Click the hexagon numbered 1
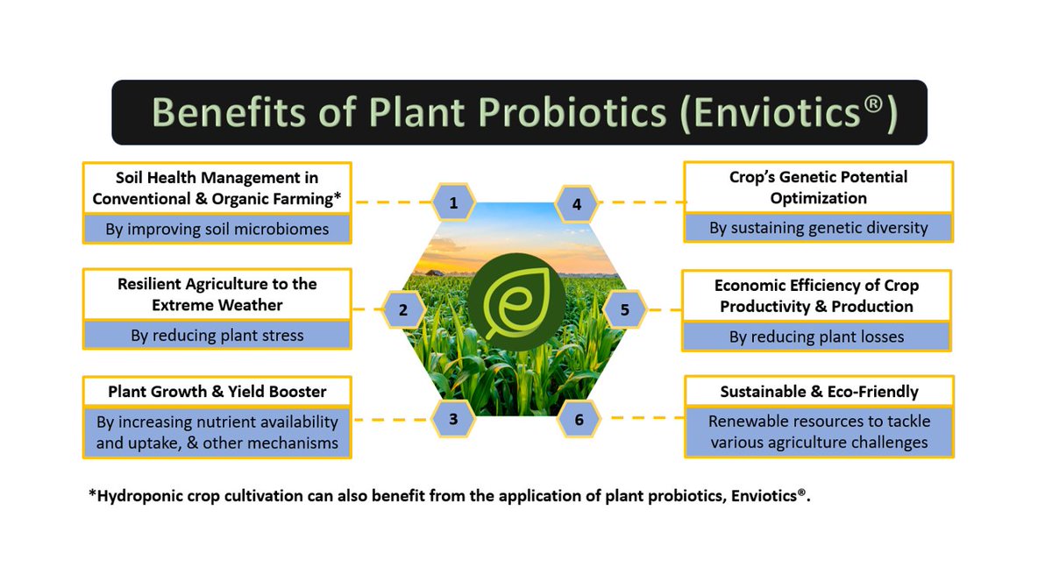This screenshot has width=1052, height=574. tap(453, 202)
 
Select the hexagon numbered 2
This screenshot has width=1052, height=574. tap(403, 309)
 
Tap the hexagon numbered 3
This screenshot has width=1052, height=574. tap(452, 419)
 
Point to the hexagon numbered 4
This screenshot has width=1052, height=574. tap(577, 204)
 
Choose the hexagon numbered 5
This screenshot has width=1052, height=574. tap(624, 309)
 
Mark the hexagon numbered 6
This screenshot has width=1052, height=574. tap(579, 419)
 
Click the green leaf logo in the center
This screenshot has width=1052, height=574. tap(516, 301)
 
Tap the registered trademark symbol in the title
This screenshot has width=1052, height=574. tap(873, 103)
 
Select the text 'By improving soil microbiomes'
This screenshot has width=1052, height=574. tap(217, 229)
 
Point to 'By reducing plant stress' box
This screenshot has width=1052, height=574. tap(217, 335)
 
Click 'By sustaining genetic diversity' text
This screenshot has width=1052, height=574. tap(819, 228)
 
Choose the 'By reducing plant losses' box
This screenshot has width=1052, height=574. tap(817, 337)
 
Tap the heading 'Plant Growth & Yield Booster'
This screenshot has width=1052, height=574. tap(217, 392)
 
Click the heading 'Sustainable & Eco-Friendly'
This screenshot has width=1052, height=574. tap(820, 392)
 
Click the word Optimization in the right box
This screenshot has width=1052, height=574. tap(819, 198)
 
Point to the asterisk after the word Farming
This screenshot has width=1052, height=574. tap(338, 195)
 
